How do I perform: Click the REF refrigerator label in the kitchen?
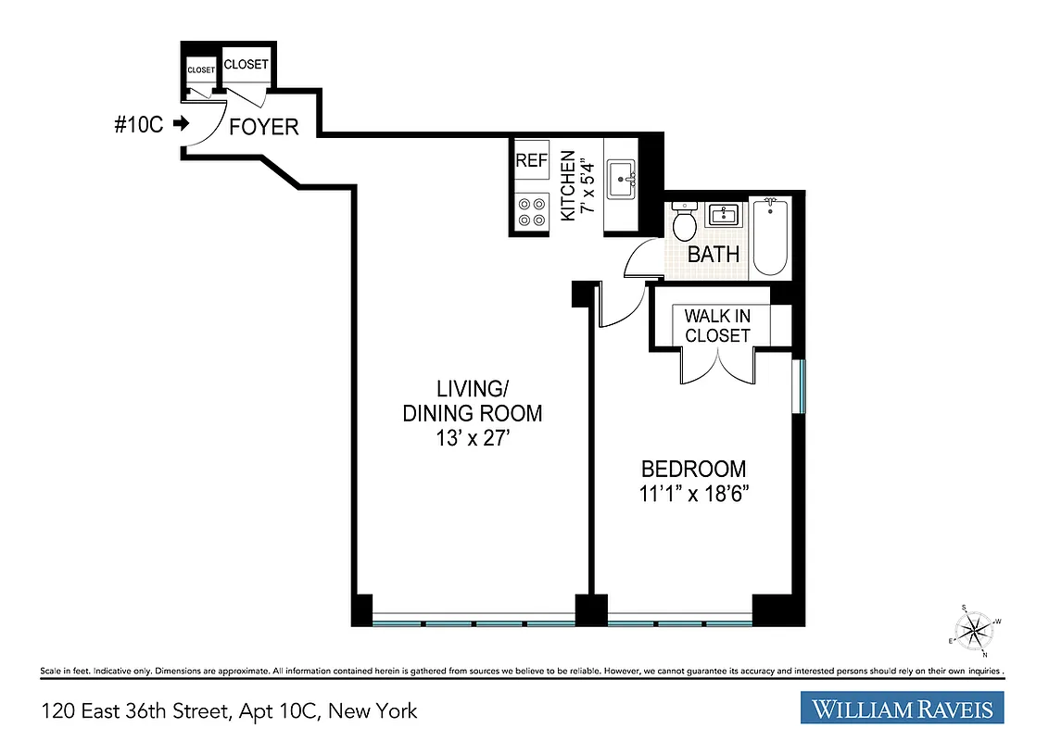tap(531, 159)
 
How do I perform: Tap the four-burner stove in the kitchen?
tap(531, 212)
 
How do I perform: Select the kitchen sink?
tap(620, 177)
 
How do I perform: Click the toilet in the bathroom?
tap(685, 223)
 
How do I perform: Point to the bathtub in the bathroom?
tap(769, 236)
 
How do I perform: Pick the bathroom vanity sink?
tap(723, 216)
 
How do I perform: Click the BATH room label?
tap(714, 254)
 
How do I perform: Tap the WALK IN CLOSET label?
tap(717, 325)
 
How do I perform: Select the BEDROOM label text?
tap(694, 469)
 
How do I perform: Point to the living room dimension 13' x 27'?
tap(472, 438)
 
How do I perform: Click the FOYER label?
tap(264, 127)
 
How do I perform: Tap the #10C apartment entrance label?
tap(139, 124)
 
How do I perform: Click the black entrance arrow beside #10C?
tap(181, 124)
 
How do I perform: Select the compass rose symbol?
tap(974, 632)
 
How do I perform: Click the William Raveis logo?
tap(902, 710)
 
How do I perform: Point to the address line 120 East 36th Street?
tap(229, 711)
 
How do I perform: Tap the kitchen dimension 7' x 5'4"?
tap(575, 185)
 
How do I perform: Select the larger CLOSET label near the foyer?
tap(246, 65)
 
